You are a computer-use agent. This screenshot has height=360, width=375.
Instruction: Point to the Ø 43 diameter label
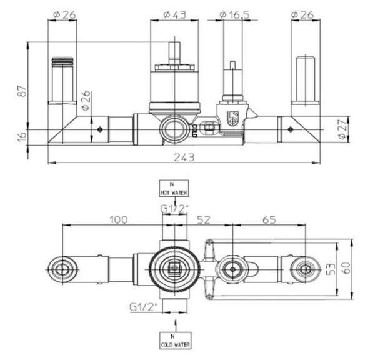[x=174, y=13]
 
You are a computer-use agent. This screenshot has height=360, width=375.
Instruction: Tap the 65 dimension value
[x=269, y=219]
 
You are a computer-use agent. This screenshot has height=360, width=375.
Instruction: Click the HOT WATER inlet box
[x=175, y=188]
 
